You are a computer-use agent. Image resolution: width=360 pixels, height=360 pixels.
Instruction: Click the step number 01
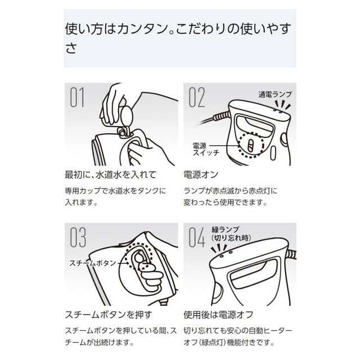tap(77, 97)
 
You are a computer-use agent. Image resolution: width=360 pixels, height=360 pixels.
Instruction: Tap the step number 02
tap(197, 97)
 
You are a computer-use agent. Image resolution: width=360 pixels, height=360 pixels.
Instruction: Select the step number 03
tap(78, 237)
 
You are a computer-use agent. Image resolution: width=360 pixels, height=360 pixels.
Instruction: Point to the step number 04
tap(197, 237)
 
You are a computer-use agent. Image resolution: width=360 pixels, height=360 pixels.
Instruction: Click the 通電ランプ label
tap(275, 94)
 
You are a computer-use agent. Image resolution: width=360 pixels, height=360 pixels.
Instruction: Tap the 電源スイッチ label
tap(206, 150)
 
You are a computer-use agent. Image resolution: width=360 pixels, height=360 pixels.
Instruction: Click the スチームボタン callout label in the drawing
tap(93, 263)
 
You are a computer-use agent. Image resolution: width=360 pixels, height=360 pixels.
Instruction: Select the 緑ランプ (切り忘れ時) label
tap(231, 234)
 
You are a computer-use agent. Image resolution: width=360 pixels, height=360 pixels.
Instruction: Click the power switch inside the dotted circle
tap(251, 146)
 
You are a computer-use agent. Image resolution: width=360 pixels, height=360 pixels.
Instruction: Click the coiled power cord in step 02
tap(221, 116)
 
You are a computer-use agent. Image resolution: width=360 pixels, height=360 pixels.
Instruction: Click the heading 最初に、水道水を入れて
tap(111, 175)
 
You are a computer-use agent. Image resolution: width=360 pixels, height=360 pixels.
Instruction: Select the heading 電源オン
tap(201, 175)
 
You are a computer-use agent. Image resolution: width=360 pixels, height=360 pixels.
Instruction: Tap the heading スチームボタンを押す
tap(109, 314)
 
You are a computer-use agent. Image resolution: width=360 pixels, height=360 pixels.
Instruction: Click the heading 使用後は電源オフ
tap(218, 314)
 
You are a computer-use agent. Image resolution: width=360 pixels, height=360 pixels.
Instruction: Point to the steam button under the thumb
tap(138, 258)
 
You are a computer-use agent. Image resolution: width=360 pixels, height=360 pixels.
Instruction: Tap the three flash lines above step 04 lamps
tap(219, 249)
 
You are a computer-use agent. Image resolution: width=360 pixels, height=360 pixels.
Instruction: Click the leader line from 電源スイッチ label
tap(224, 146)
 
